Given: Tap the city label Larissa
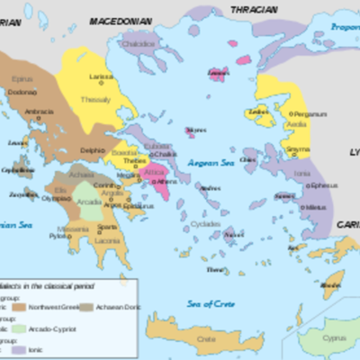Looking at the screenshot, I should click(x=101, y=77).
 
